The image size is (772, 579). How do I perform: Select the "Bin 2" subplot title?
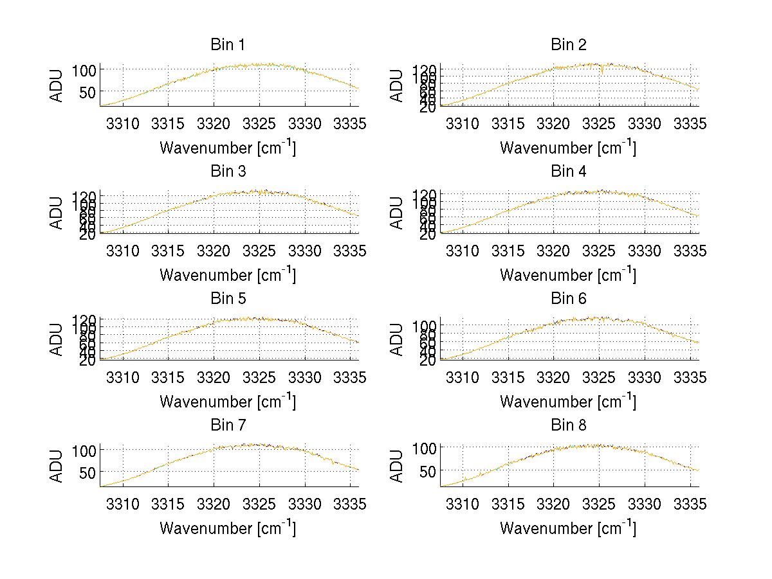pos(568,45)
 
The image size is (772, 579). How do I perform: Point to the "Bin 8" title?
pos(568,425)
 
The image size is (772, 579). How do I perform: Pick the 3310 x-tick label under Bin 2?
pos(463,123)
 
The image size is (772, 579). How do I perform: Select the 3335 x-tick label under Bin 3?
pos(350,251)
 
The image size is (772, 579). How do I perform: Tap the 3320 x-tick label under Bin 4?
pos(554,251)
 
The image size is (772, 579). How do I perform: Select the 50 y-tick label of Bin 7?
pos(88,472)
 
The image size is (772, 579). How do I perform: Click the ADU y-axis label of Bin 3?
pos(57,213)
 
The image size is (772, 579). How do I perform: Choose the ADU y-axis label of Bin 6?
pos(398,339)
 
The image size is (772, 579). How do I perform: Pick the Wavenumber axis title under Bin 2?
pos(568,148)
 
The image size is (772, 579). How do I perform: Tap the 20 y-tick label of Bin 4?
pos(428,235)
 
